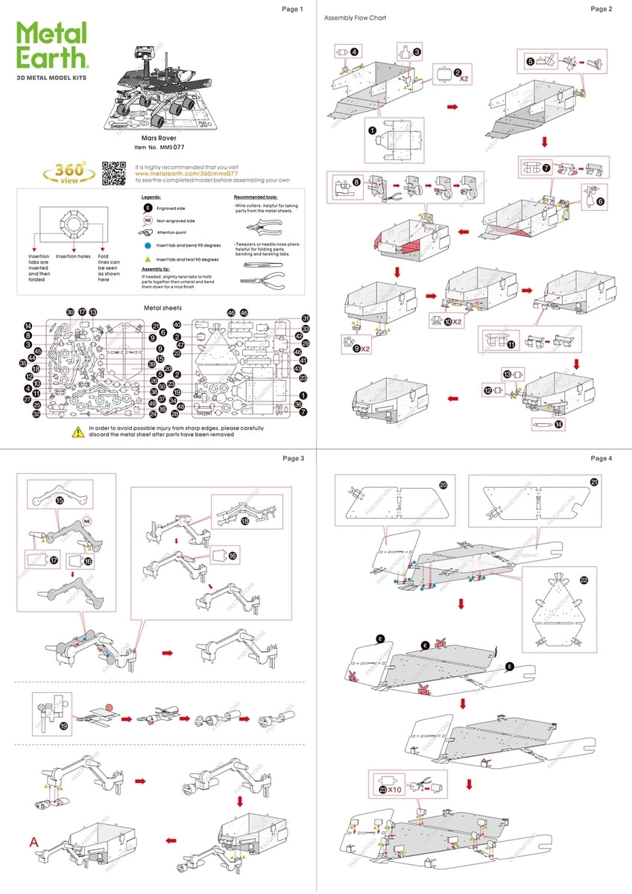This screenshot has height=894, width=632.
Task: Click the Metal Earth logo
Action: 52,46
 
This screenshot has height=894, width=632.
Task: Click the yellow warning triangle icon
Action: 78,431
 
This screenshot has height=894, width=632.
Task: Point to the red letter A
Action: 34,842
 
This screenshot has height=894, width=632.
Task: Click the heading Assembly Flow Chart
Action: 355,17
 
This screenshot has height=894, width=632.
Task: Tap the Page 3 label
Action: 292,458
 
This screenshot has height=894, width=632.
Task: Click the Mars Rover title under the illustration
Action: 157,138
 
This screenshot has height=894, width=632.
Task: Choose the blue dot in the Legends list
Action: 148,244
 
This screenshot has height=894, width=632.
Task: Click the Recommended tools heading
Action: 256,197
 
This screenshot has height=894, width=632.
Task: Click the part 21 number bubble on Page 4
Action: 594,481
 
